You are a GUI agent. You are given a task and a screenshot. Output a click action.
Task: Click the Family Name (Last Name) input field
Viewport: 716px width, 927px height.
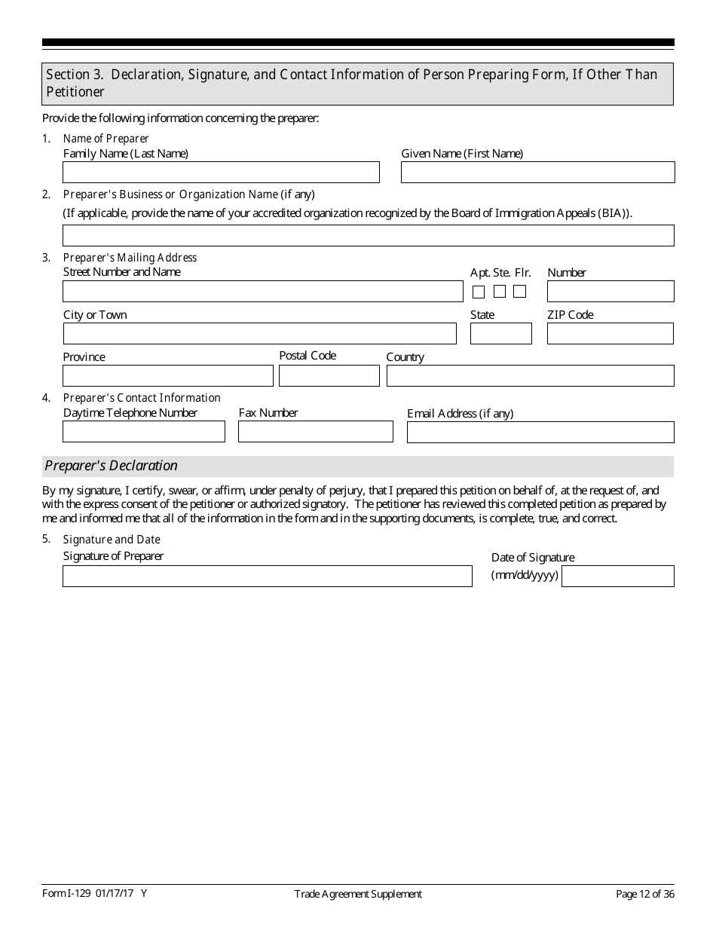(221, 173)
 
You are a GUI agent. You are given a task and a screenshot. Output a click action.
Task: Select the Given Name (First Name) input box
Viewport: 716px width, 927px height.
(537, 173)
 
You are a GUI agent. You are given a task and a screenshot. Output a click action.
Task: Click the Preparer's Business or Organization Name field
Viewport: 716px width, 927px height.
(368, 235)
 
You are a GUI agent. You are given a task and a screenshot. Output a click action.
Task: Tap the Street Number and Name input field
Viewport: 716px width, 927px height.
(262, 292)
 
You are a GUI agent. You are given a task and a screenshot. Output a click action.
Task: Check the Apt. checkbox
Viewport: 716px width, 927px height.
(479, 292)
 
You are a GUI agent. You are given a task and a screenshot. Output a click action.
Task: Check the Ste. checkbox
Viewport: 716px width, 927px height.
(500, 292)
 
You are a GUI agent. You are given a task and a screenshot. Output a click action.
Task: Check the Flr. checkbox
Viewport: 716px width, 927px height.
(519, 292)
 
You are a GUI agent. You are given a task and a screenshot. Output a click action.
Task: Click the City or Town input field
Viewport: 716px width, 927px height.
(259, 334)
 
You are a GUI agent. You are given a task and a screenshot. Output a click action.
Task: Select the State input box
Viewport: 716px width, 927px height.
(500, 334)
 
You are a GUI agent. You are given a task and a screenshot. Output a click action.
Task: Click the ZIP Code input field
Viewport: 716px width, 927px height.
(610, 334)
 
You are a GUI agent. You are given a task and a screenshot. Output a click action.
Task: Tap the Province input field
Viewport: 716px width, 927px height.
(167, 376)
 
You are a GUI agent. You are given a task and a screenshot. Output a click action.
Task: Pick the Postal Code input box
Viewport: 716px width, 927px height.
(329, 376)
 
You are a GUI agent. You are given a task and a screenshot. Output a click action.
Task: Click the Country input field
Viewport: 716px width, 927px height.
(530, 376)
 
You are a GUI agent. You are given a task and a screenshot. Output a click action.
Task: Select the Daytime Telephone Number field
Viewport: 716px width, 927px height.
(143, 432)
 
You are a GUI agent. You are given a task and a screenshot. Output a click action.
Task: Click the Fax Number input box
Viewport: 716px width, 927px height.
(315, 432)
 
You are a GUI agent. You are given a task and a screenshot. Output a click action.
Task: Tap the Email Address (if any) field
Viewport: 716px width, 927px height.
(540, 433)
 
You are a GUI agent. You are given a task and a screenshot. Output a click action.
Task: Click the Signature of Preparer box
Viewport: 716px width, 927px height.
(267, 577)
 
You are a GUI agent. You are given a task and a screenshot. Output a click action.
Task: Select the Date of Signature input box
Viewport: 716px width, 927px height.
(617, 577)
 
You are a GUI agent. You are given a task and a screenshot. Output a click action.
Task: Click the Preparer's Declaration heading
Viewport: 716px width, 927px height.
(112, 466)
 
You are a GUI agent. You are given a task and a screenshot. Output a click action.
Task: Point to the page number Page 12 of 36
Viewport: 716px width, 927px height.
(644, 895)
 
